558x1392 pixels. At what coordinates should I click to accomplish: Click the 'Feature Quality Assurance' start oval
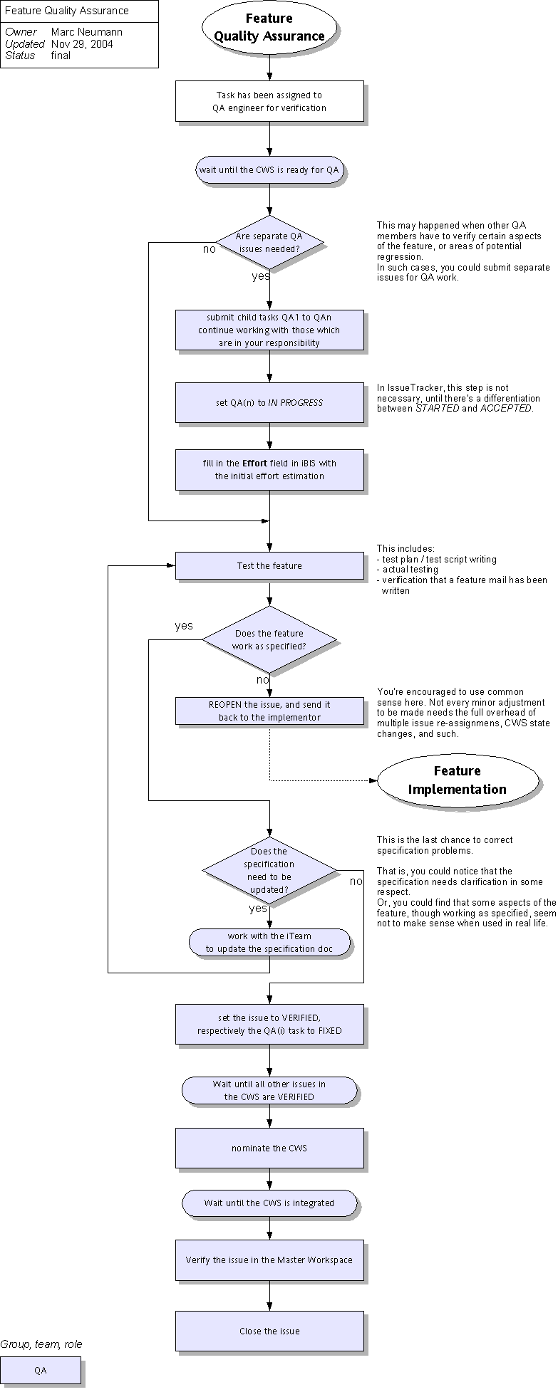pos(269,28)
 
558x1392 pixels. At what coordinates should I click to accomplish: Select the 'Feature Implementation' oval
pos(458,780)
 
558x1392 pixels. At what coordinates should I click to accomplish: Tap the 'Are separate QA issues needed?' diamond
pos(269,243)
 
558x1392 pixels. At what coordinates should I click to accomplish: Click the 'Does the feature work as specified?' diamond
pos(269,639)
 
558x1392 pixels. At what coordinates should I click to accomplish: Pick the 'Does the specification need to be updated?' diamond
pos(269,870)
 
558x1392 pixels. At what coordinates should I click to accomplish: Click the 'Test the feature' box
pos(269,566)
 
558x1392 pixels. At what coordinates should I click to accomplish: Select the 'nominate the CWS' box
pos(269,1148)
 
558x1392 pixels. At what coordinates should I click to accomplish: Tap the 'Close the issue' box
pos(269,1331)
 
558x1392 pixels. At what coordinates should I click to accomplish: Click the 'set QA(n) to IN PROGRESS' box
pos(269,402)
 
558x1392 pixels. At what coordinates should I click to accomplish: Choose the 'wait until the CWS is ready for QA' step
pos(269,170)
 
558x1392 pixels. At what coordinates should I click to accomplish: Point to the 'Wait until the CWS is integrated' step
pos(269,1203)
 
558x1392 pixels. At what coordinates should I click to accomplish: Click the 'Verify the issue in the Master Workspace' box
pos(269,1260)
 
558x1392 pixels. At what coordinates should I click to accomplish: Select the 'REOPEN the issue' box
pos(269,711)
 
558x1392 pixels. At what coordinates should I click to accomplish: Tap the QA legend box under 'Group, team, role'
pos(41,1370)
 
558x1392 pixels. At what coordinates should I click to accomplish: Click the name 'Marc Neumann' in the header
pos(87,32)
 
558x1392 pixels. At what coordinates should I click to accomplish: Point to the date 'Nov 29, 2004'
pos(82,44)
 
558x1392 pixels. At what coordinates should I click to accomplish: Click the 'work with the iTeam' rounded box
pos(269,942)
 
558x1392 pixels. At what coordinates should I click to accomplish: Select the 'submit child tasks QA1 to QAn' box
pos(269,330)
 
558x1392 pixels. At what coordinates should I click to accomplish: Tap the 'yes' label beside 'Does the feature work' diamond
pos(184,626)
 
